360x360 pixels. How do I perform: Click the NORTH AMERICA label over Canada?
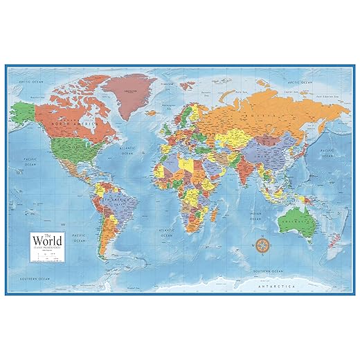(60, 123)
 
